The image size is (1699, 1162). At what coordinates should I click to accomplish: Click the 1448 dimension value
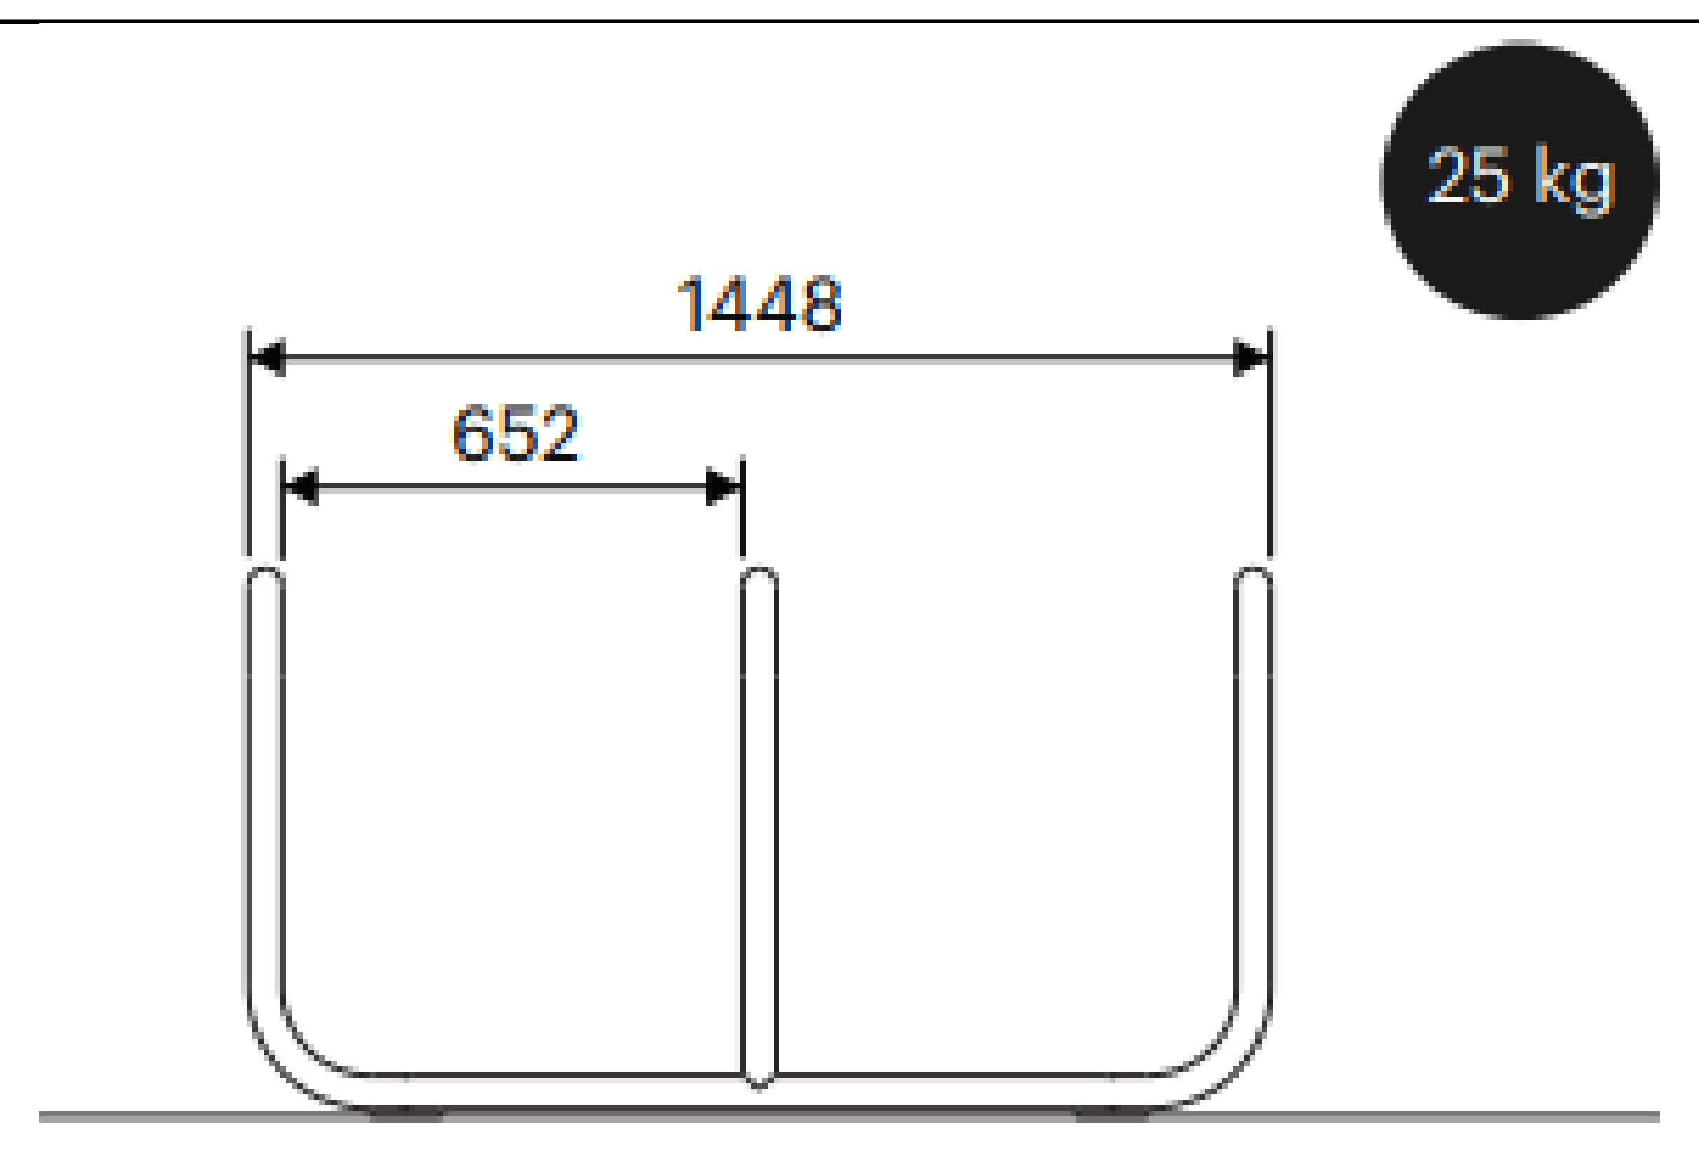tap(760, 304)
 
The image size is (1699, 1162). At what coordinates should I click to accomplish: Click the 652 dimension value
tap(516, 432)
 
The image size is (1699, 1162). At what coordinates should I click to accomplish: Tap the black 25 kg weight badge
tap(1520, 180)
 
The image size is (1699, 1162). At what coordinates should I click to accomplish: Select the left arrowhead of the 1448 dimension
tap(267, 358)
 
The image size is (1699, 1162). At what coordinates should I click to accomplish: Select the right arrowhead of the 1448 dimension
tap(1251, 358)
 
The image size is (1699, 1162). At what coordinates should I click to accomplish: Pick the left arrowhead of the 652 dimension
tap(300, 487)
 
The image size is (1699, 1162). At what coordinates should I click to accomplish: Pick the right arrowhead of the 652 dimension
tap(724, 487)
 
